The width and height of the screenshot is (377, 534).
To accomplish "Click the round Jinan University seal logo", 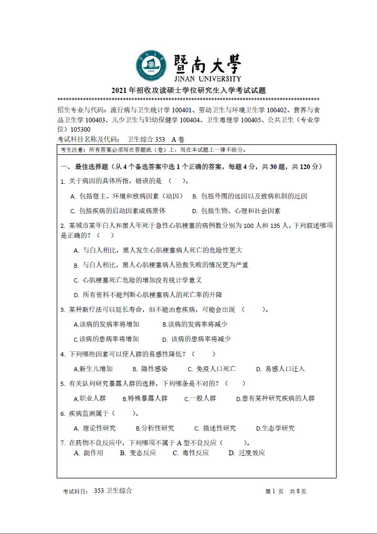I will (x=152, y=67).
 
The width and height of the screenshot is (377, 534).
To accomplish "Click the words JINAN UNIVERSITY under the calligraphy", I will (x=206, y=78).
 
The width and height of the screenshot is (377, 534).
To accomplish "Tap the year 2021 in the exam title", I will (x=119, y=90).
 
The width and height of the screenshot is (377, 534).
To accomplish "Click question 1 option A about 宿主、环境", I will (x=127, y=196).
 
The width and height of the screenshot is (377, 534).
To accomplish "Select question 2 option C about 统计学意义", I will (x=138, y=280).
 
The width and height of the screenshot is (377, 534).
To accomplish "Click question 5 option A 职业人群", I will (x=90, y=399).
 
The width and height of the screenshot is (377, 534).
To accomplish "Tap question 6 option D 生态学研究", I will (x=275, y=428).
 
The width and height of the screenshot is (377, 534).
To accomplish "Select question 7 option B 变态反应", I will (x=138, y=453).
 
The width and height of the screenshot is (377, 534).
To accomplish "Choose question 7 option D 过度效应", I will (x=247, y=453).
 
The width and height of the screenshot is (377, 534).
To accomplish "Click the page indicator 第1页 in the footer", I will (x=274, y=491).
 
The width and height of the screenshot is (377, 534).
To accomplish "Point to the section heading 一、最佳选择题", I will (x=84, y=167).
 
